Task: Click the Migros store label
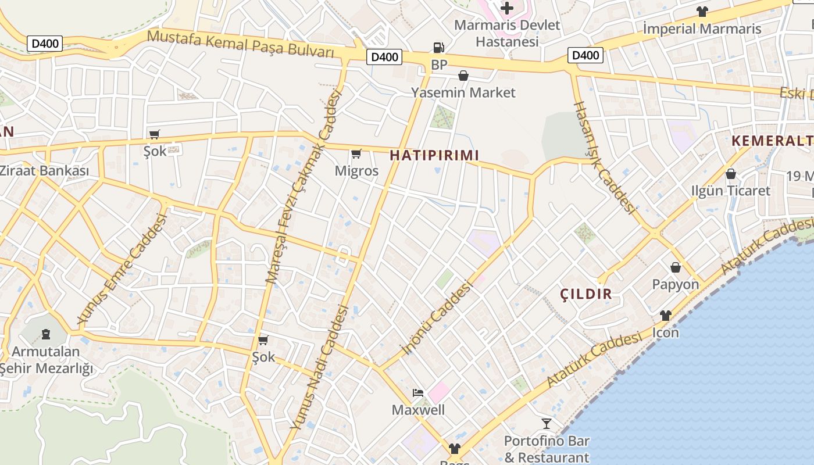tap(356, 171)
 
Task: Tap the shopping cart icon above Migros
tap(356, 154)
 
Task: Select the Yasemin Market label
tap(463, 92)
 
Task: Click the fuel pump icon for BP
tap(439, 48)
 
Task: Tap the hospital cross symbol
tap(507, 8)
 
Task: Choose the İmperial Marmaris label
tap(702, 28)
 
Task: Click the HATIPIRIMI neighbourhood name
tap(434, 155)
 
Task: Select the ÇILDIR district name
tap(586, 294)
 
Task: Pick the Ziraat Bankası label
tap(44, 171)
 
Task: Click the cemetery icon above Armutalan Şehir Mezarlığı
tap(45, 334)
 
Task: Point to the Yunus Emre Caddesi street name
tap(122, 269)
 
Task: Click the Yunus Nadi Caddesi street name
tap(320, 368)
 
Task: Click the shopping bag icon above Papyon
tap(676, 267)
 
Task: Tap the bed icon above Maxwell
tap(418, 393)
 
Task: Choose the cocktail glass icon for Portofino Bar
tap(547, 423)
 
